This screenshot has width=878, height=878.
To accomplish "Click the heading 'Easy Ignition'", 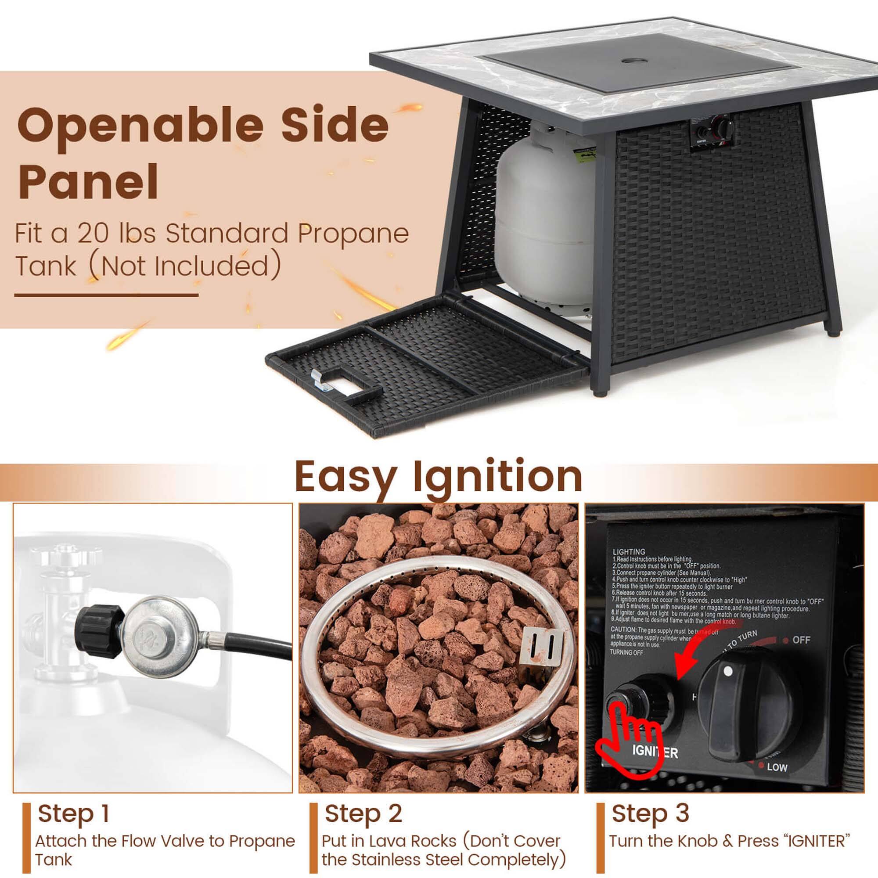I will [439, 477].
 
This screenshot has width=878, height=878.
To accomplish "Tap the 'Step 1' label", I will [74, 813].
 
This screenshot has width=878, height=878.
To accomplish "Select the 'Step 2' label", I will [363, 813].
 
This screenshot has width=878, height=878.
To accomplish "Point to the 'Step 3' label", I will [650, 813].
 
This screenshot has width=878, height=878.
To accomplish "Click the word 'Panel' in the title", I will [89, 182].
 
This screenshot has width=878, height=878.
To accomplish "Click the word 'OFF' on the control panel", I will [801, 640].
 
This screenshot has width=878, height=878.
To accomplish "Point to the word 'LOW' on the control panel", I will [777, 767].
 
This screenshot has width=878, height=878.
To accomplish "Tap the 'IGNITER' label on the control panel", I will [655, 752].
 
